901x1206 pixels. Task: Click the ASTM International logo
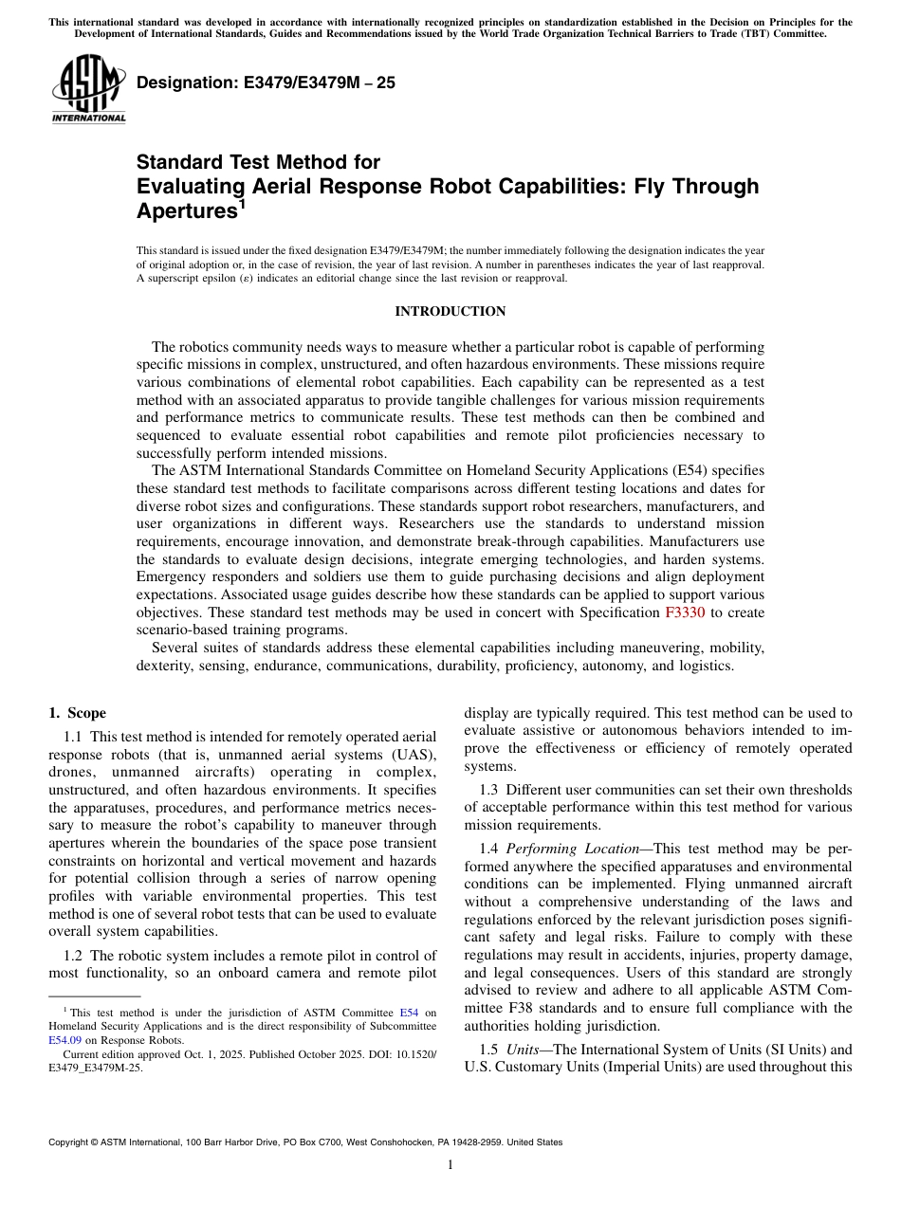[88, 90]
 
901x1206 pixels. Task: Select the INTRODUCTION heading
[450, 312]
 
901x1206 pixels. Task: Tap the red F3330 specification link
[686, 612]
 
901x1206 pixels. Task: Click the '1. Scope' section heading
[78, 713]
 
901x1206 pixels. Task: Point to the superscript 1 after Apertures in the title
[242, 203]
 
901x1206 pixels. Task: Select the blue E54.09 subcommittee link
[65, 1040]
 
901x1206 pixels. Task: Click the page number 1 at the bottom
[450, 1165]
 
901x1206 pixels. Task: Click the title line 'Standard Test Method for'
[258, 162]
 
